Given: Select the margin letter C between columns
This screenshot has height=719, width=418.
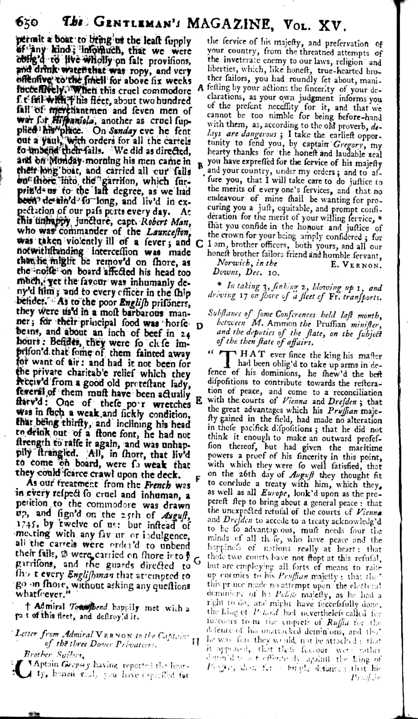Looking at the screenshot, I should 199,244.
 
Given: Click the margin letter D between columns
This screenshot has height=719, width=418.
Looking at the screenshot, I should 199,326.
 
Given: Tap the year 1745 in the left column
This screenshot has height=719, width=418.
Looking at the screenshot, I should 29,525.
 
